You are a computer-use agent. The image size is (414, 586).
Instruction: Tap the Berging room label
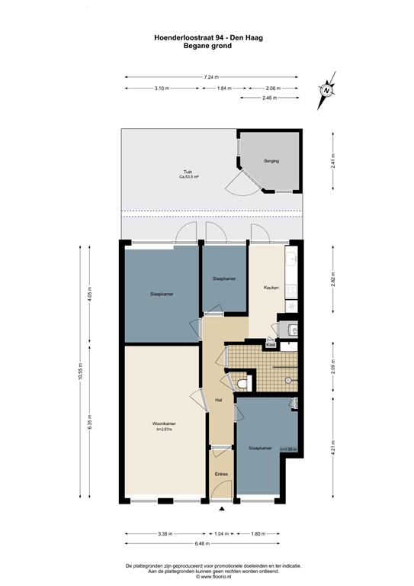coord(271,161)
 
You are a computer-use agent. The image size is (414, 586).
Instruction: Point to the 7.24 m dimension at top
coord(211,76)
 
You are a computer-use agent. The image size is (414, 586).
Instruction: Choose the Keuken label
coord(271,288)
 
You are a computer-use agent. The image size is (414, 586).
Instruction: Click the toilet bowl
coord(243,383)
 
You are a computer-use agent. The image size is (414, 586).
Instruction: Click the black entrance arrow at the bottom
coord(221,509)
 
